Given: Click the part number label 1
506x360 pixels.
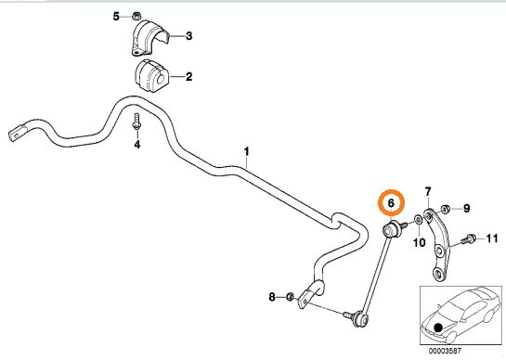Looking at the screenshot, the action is (x=247, y=151).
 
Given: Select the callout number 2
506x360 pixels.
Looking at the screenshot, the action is (x=188, y=77).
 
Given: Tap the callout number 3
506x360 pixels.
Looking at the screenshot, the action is (x=189, y=36).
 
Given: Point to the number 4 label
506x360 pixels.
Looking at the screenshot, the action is (x=137, y=144).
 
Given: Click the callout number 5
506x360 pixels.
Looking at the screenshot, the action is (x=116, y=16).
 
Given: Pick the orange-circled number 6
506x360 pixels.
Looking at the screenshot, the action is (x=391, y=203).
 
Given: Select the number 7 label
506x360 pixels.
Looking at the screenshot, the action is (x=428, y=192).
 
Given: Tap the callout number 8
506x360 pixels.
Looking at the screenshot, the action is (x=272, y=297).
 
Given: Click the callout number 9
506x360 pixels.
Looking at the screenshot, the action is (x=467, y=209).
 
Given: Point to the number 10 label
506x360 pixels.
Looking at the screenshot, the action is (x=420, y=242).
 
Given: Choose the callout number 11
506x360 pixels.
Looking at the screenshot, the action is (x=492, y=238).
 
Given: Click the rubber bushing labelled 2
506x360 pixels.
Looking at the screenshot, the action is (x=150, y=76).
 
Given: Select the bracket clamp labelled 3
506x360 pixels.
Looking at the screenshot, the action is (x=150, y=37).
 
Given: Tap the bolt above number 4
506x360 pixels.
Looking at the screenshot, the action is (x=136, y=122).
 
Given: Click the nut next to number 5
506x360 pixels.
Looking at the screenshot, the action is (x=136, y=16).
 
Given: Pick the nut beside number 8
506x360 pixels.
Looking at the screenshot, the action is (x=290, y=296).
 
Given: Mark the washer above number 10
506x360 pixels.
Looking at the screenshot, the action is (x=418, y=220).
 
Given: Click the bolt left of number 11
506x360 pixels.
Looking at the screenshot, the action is (x=468, y=239).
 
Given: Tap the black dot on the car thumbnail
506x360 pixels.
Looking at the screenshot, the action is (x=438, y=328).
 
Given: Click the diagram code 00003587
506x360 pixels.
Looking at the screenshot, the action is (x=446, y=351).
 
